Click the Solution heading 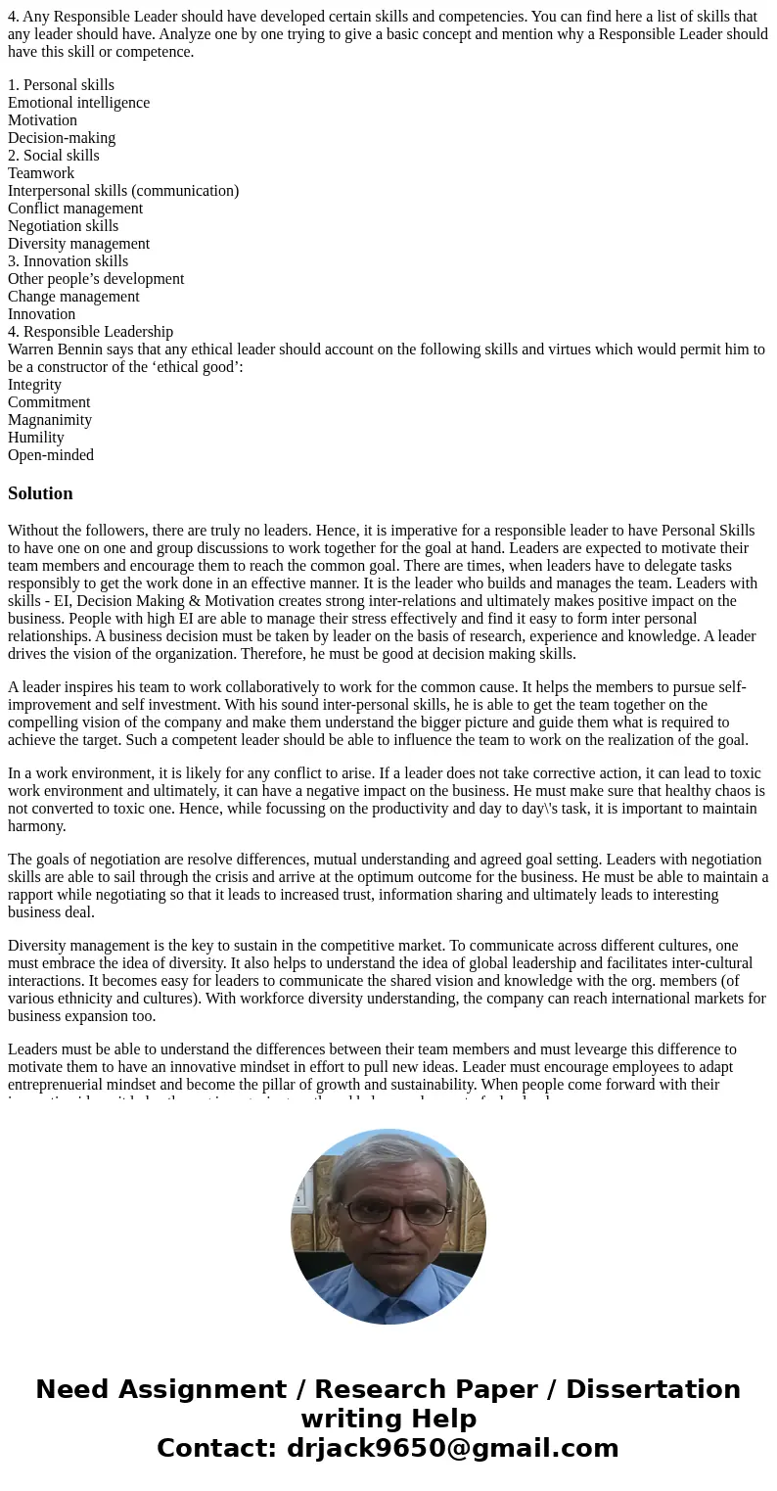(x=40, y=493)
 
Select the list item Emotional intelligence (x=78, y=103)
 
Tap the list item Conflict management (x=75, y=209)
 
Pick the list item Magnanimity (x=50, y=420)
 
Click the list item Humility (x=36, y=438)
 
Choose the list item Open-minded (x=51, y=455)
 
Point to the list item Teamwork (x=41, y=173)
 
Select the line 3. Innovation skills (x=68, y=261)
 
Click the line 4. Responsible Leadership (x=90, y=332)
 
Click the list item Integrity (x=34, y=385)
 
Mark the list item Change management (x=73, y=297)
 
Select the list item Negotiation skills (x=63, y=226)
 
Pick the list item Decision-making (x=62, y=138)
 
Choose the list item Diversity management (x=78, y=244)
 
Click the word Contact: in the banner (x=216, y=1449)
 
